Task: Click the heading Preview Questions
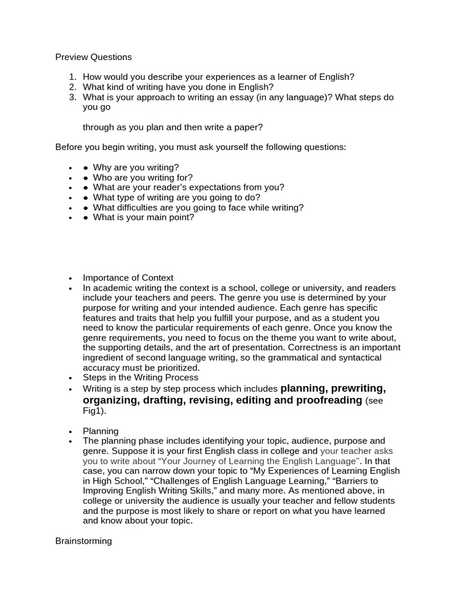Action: coord(93,57)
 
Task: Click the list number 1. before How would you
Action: coord(73,77)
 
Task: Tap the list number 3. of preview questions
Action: coord(73,97)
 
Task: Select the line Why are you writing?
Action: coord(136,167)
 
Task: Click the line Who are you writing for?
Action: coord(143,177)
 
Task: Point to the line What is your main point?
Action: coord(143,218)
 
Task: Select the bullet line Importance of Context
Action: coord(128,278)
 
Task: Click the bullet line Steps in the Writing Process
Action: coord(140,378)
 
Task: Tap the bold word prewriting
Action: coord(358,388)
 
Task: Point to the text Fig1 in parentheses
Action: coord(91,411)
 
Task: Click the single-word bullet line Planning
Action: coord(101,431)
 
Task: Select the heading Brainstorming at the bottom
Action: coord(83,542)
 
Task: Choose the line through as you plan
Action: coord(173,127)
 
